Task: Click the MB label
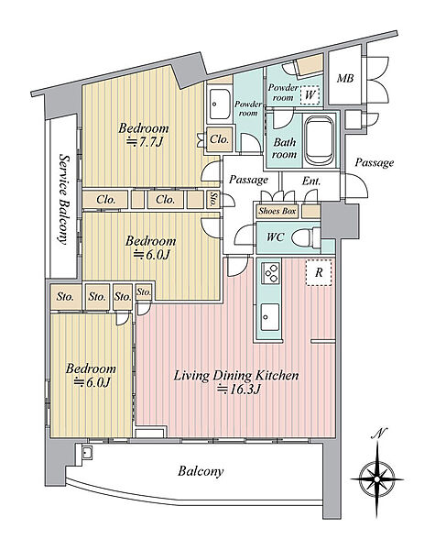coord(345,78)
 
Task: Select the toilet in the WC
coord(306,238)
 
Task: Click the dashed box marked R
coord(319,272)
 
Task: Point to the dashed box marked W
coord(310,94)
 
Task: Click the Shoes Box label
coord(277,211)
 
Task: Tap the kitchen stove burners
coord(271,273)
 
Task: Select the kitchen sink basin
coord(270,317)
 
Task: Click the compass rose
coord(376,478)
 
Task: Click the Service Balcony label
coord(63,199)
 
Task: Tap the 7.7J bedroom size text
coord(145,142)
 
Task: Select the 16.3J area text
coord(238,389)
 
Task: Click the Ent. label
coord(311,181)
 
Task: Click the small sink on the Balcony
coord(86,454)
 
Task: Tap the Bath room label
coord(284,148)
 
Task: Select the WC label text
coord(275,237)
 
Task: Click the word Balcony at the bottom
coord(201,471)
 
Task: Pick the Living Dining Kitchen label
coord(236,376)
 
